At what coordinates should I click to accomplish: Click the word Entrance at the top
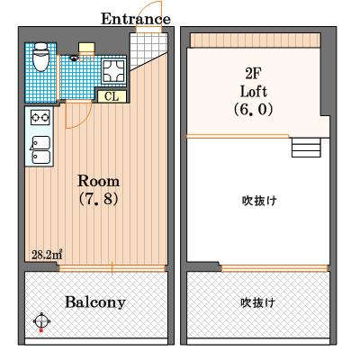point(135,18)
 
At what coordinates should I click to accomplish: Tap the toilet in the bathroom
point(40,60)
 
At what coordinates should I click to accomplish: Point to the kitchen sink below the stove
point(40,148)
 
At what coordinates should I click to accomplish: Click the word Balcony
point(94,301)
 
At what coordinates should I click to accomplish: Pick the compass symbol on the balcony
point(41,319)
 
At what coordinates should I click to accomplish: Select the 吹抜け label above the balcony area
point(257,302)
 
